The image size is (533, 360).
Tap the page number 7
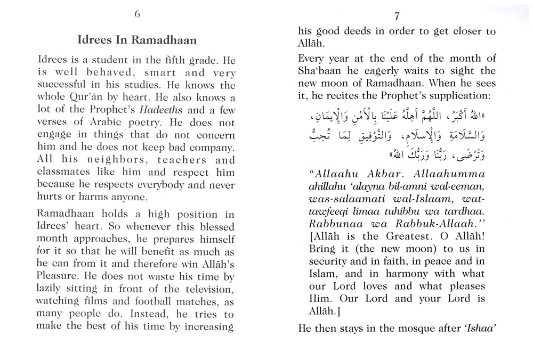pyautogui.click(x=397, y=15)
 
